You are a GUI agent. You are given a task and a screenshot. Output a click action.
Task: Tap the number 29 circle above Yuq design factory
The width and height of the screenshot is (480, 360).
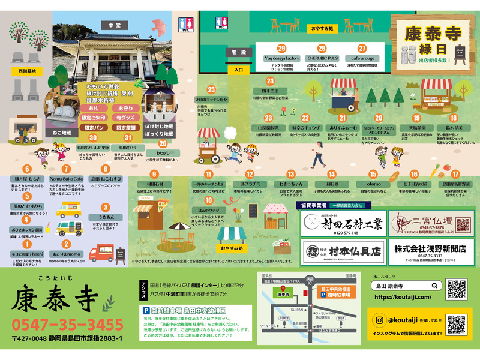click(x=281, y=48)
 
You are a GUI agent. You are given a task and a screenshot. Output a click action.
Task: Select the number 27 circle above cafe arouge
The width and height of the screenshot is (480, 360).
click(x=362, y=48)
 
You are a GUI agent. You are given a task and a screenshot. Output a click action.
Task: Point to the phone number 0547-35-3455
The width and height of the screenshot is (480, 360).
click(x=67, y=325)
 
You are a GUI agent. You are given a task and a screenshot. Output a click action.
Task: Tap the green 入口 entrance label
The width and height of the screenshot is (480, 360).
click(x=238, y=70)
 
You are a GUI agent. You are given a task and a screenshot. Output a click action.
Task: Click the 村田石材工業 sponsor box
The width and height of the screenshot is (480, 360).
click(x=340, y=224)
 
